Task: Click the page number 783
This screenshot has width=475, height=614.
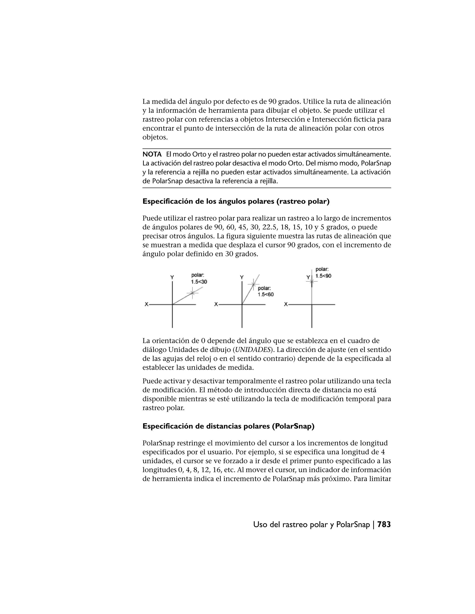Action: click(x=384, y=524)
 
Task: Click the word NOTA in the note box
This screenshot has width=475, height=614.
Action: click(x=152, y=154)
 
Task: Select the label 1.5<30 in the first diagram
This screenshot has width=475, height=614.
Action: click(x=199, y=282)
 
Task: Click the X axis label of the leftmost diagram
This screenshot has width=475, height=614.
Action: click(x=146, y=304)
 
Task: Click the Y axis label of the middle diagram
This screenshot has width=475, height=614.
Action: click(x=241, y=277)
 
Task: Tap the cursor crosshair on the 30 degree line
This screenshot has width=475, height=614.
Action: click(x=193, y=293)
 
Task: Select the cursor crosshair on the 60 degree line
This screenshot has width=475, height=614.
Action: click(x=253, y=284)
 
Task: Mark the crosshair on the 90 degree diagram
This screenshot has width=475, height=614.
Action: click(x=311, y=281)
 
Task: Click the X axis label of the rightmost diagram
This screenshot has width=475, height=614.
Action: click(x=286, y=304)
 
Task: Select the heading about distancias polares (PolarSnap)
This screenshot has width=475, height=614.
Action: click(x=228, y=426)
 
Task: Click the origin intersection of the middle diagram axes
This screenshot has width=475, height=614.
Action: click(x=242, y=304)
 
